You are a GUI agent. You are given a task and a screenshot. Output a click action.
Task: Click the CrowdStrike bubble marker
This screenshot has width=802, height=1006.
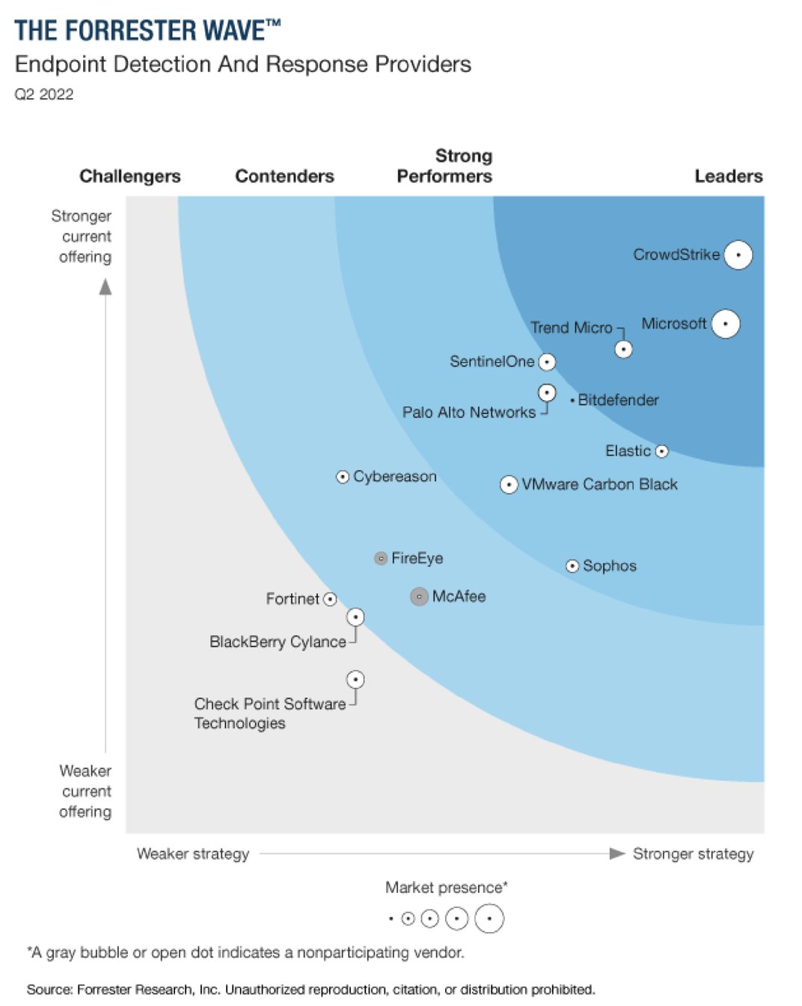pos(738,255)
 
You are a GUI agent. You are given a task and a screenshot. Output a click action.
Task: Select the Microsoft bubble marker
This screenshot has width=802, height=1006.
pos(725,324)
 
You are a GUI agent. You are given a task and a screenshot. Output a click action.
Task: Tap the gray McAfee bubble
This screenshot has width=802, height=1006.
pos(419,596)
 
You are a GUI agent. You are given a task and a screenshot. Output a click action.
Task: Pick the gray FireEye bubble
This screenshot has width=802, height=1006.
pos(381,558)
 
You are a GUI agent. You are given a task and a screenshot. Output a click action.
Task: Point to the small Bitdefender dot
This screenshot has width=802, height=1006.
pos(572,401)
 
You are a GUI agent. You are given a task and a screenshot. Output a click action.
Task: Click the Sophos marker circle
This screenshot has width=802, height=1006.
pos(572,566)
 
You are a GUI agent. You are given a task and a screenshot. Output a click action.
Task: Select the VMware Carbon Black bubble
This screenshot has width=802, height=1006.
pos(509,485)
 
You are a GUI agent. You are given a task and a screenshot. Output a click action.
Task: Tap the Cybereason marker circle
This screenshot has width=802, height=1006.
pos(343,476)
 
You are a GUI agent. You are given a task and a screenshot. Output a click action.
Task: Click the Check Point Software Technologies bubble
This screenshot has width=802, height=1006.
pos(355,679)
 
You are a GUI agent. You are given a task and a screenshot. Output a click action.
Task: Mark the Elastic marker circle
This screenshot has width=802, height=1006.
pos(661,451)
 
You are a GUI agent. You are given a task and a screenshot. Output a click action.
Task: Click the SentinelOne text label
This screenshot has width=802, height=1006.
pos(492,362)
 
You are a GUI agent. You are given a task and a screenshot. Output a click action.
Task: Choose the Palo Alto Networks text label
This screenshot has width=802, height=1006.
pos(468,412)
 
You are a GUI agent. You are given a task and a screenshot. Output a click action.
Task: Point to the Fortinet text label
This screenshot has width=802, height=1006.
pos(293,599)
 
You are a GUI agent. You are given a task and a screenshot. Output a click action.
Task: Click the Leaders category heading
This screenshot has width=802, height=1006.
pos(728,177)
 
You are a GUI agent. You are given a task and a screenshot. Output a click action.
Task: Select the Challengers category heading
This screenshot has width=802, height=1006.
pos(130,177)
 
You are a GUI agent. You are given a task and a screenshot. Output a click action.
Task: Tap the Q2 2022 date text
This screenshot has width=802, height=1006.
pos(44,94)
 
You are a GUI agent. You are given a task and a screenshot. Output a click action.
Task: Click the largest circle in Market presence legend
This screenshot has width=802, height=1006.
pos(489,918)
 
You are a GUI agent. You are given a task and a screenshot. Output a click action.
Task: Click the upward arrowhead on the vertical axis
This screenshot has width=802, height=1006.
pos(105,287)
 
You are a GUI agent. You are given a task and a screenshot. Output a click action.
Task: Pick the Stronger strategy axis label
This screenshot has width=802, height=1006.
pos(693,853)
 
